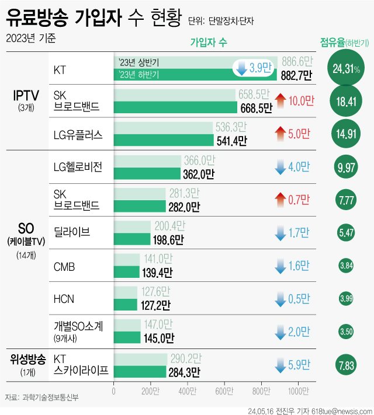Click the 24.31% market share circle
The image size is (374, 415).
coord(346,69)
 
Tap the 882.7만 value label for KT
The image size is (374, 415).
coord(297,75)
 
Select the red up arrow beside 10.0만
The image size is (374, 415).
coord(279,101)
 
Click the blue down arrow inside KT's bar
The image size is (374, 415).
coord(240,68)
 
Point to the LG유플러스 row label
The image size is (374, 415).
coord(78,135)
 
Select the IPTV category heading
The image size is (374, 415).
coord(26,95)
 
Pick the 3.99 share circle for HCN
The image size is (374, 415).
coord(345,299)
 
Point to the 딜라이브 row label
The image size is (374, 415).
coord(71,233)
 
